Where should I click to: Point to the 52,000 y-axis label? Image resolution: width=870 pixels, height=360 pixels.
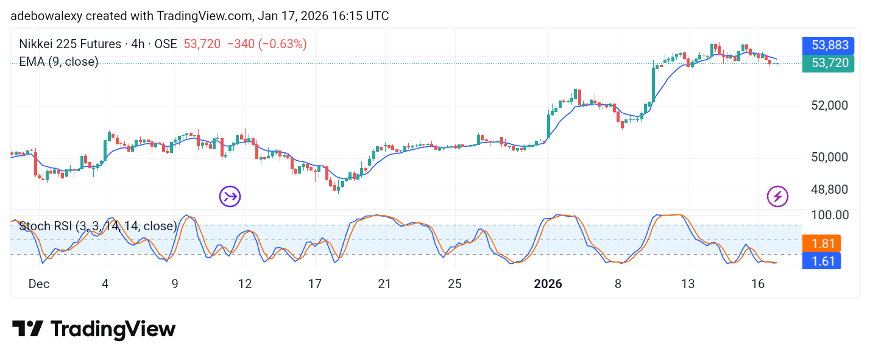pyautogui.click(x=830, y=105)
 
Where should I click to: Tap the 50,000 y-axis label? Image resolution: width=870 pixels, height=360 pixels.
pyautogui.click(x=830, y=157)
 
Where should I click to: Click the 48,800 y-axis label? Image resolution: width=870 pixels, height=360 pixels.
pyautogui.click(x=830, y=189)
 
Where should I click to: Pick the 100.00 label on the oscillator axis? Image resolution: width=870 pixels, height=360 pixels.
pyautogui.click(x=830, y=215)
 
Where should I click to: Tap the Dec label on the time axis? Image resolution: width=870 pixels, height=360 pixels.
pyautogui.click(x=39, y=284)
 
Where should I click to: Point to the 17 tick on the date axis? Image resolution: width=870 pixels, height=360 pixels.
pyautogui.click(x=315, y=284)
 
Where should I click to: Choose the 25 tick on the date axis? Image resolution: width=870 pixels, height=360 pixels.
pyautogui.click(x=454, y=284)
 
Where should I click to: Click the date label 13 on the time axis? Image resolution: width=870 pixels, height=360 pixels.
pyautogui.click(x=688, y=284)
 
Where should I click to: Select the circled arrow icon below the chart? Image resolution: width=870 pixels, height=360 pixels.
pyautogui.click(x=230, y=196)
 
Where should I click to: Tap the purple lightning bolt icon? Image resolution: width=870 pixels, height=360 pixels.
pyautogui.click(x=777, y=196)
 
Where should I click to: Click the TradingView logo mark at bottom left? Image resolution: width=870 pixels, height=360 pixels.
pyautogui.click(x=27, y=329)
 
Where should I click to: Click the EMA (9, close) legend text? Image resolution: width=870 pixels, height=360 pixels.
pyautogui.click(x=58, y=62)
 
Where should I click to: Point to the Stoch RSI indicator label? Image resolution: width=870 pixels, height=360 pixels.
pyautogui.click(x=97, y=227)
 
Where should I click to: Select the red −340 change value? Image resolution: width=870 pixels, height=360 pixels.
pyautogui.click(x=240, y=44)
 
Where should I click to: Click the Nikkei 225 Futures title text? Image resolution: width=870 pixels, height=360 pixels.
pyautogui.click(x=70, y=44)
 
